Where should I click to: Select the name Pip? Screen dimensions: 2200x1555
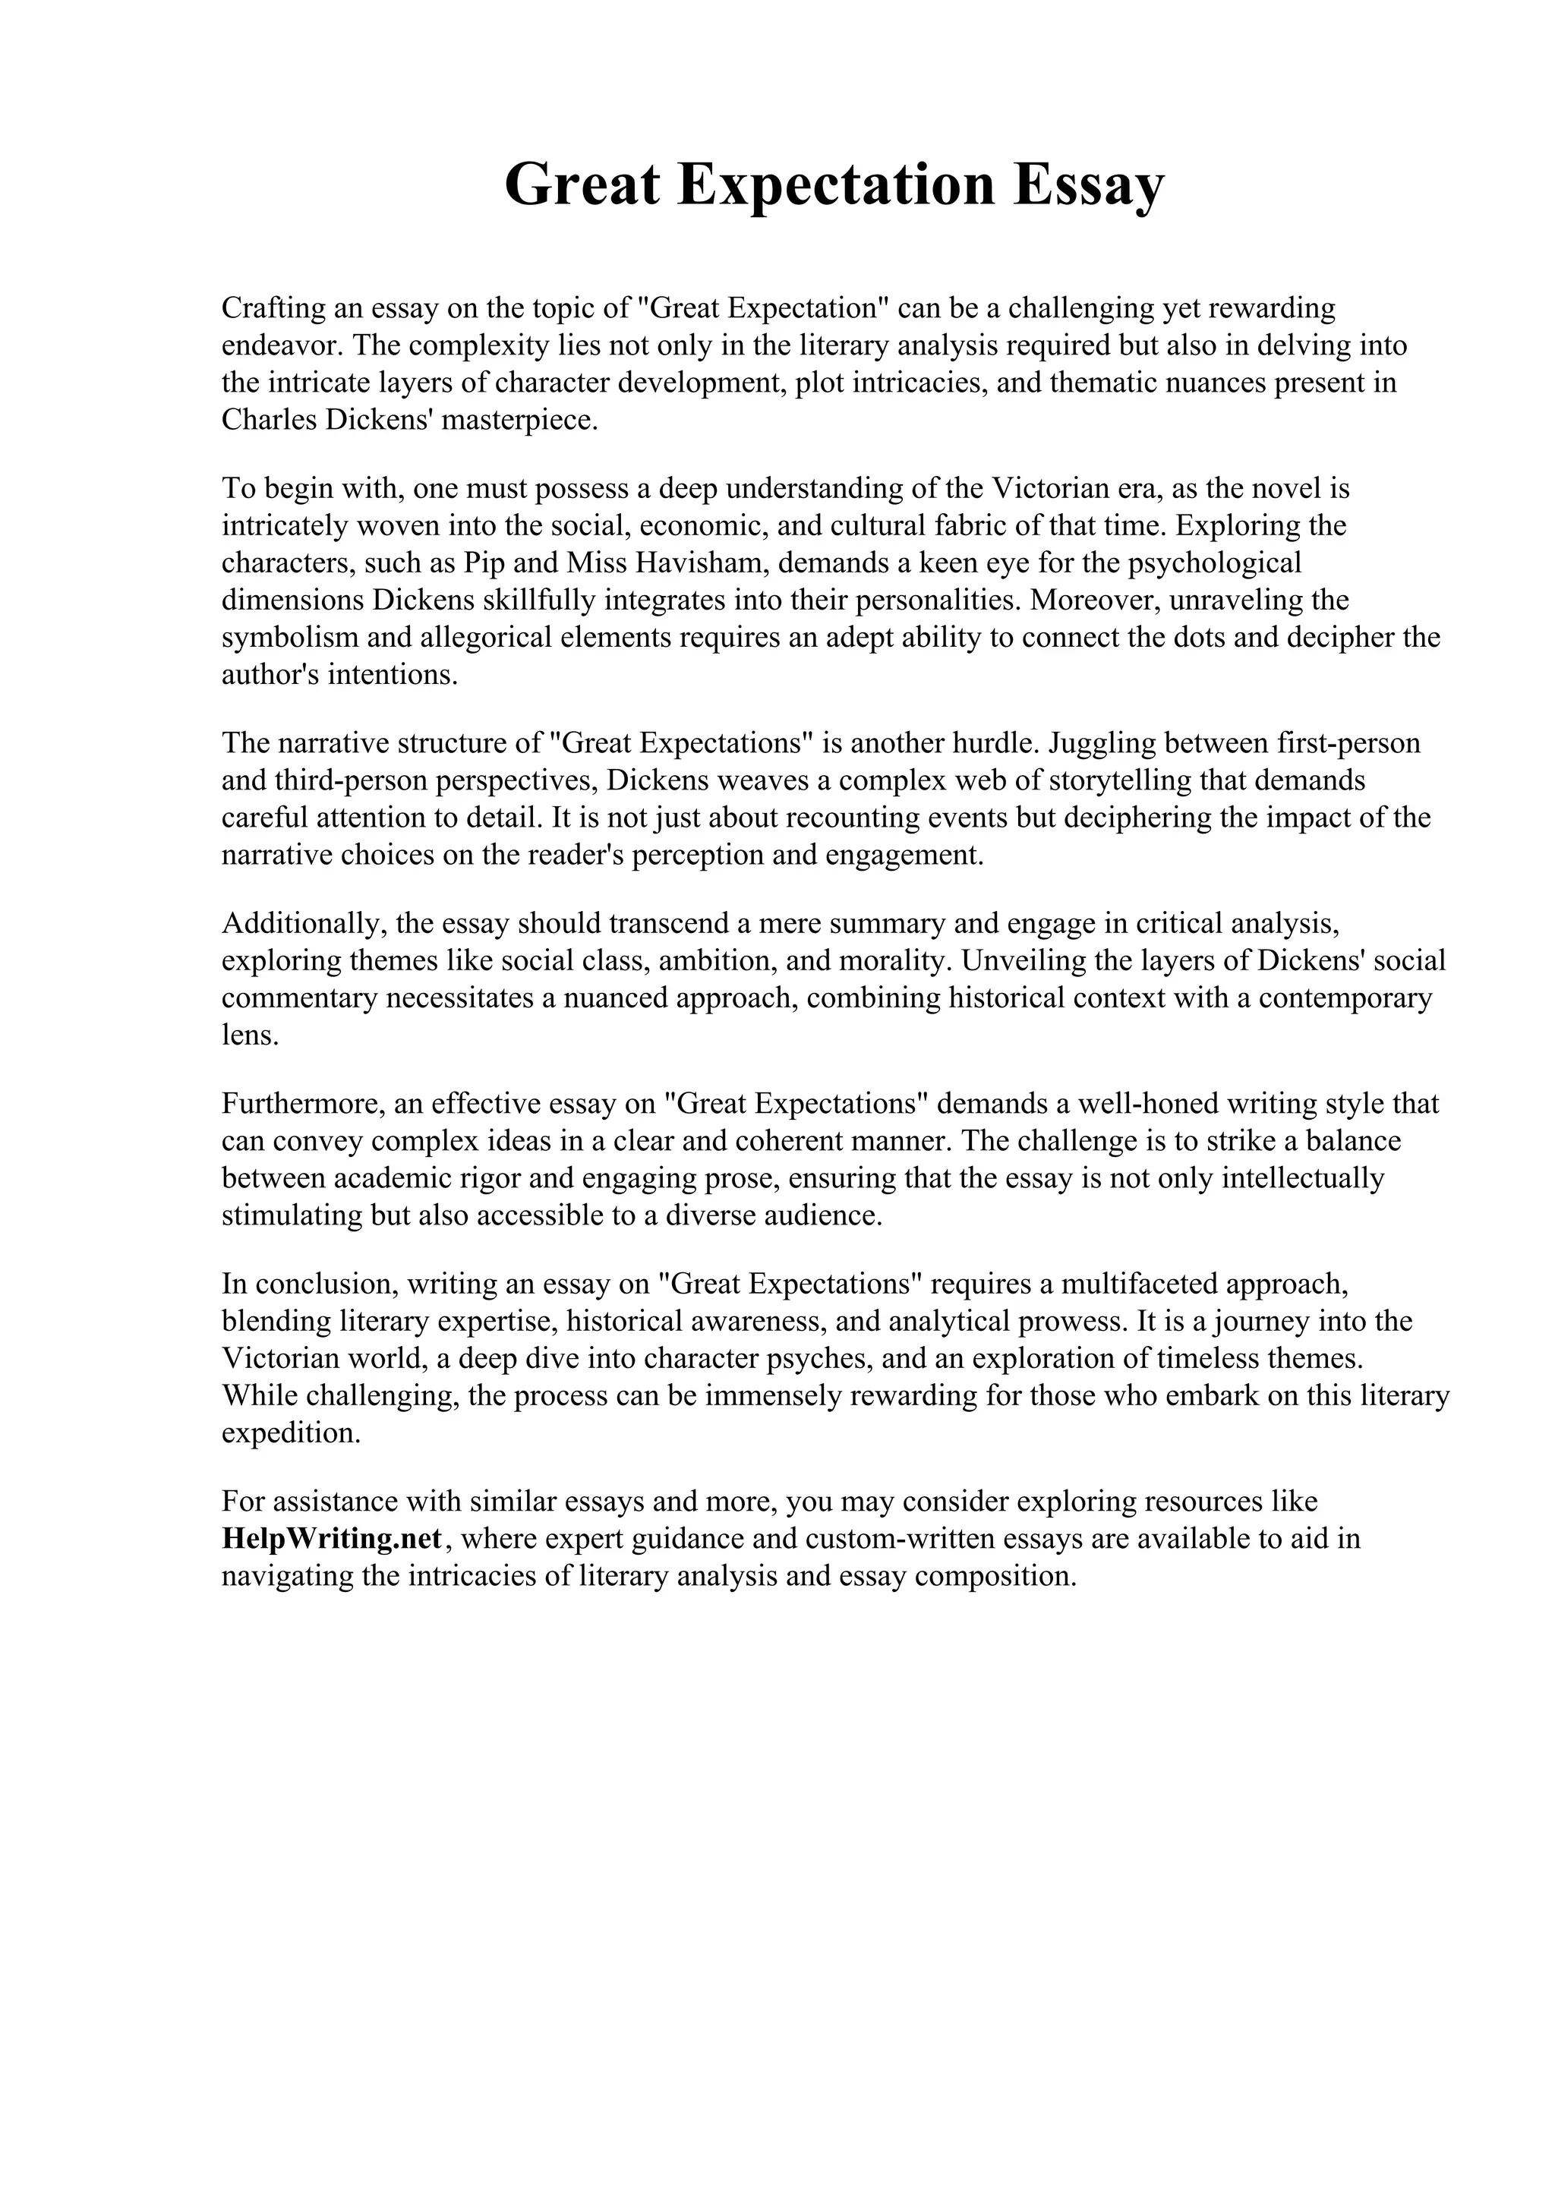click(x=483, y=563)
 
